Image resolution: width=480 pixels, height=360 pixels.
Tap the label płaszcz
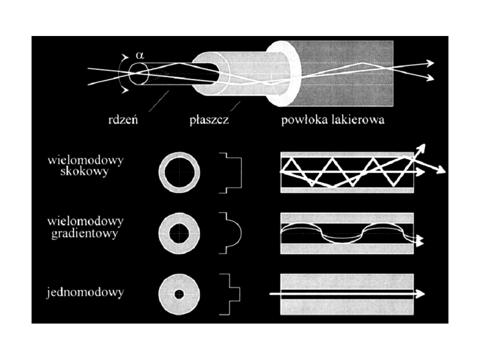coord(209,120)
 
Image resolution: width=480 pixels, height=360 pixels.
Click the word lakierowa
coord(357,120)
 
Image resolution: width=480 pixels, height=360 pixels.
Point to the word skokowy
coord(84,172)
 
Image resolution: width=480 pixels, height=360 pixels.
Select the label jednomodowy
coord(85,293)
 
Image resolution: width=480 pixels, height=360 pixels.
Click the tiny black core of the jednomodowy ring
coord(179,294)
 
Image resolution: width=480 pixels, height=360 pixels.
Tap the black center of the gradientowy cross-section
coord(179,233)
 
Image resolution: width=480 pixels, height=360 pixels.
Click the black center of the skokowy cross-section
coord(179,172)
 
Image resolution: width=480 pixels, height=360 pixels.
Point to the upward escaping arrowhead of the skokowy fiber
coord(422,147)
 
